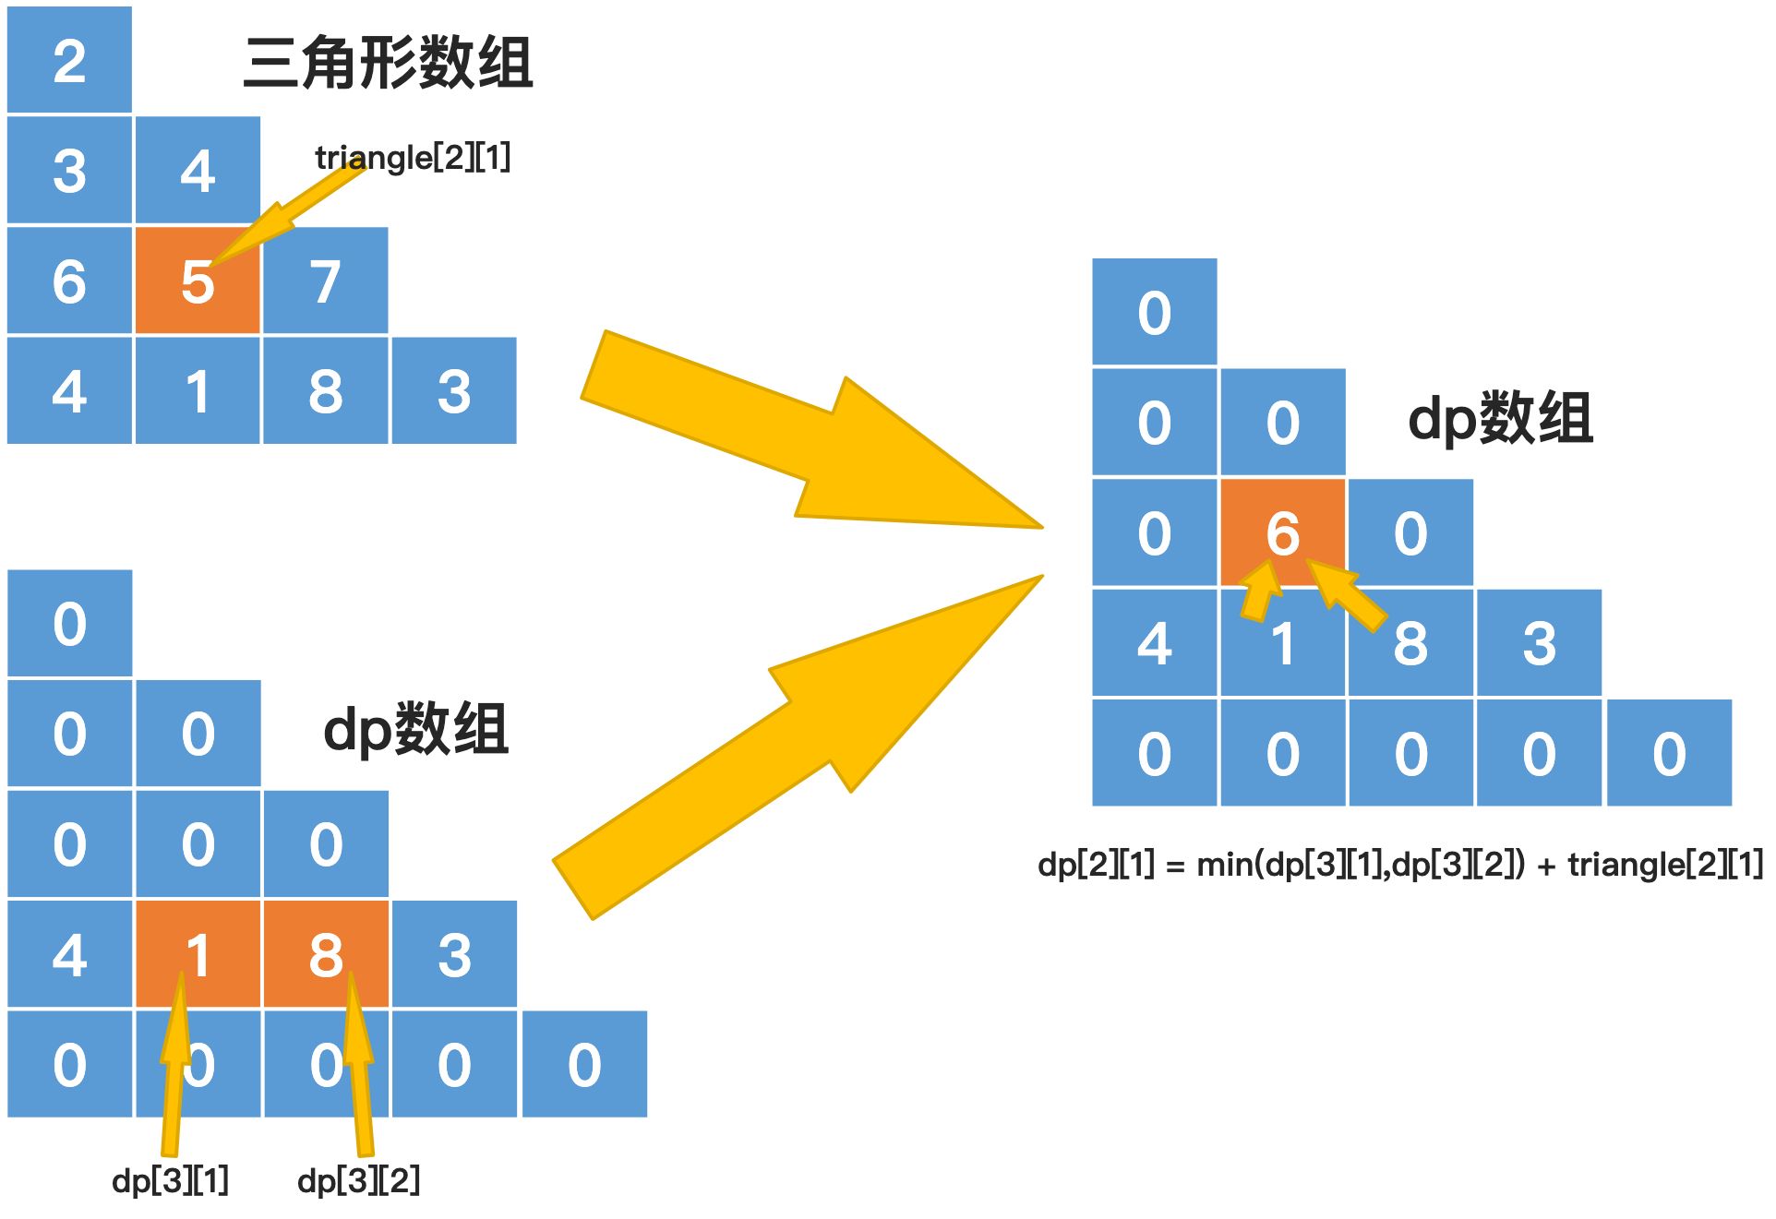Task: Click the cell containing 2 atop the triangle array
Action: pyautogui.click(x=69, y=61)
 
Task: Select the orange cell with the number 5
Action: pyautogui.click(x=197, y=281)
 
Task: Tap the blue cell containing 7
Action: pyautogui.click(x=325, y=281)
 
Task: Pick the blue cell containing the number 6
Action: pyautogui.click(x=69, y=281)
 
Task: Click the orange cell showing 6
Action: pyautogui.click(x=1282, y=532)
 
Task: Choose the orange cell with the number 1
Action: pyautogui.click(x=197, y=954)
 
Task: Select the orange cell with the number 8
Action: pyautogui.click(x=325, y=954)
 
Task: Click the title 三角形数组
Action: pyautogui.click(x=388, y=63)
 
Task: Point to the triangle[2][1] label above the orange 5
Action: pyautogui.click(x=413, y=158)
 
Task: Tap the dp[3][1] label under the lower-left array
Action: pyautogui.click(x=170, y=1180)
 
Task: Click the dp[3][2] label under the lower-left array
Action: pyautogui.click(x=358, y=1180)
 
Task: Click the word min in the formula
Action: pyautogui.click(x=1225, y=865)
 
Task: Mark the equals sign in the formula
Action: pyautogui.click(x=1175, y=866)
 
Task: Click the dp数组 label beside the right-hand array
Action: pyautogui.click(x=1500, y=418)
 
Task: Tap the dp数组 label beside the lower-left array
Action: pyautogui.click(x=415, y=729)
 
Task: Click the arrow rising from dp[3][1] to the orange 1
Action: pyautogui.click(x=173, y=1061)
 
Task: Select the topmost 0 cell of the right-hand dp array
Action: pyautogui.click(x=1154, y=312)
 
